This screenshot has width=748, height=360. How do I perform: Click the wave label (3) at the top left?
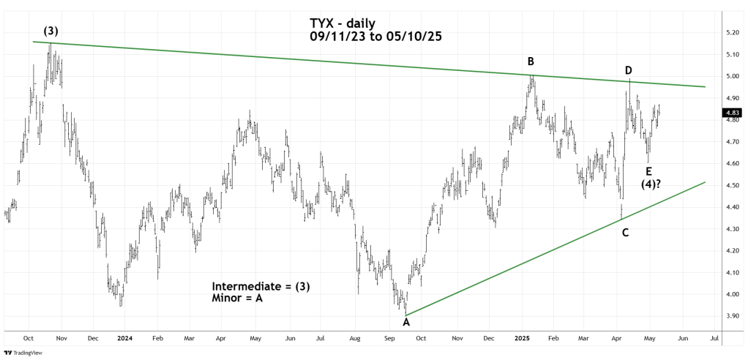click(51, 32)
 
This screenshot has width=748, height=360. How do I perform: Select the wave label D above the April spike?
click(629, 70)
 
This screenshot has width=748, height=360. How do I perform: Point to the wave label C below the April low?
click(625, 233)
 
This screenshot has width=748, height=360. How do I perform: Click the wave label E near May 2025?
click(649, 171)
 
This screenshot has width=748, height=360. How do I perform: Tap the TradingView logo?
click(26, 351)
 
